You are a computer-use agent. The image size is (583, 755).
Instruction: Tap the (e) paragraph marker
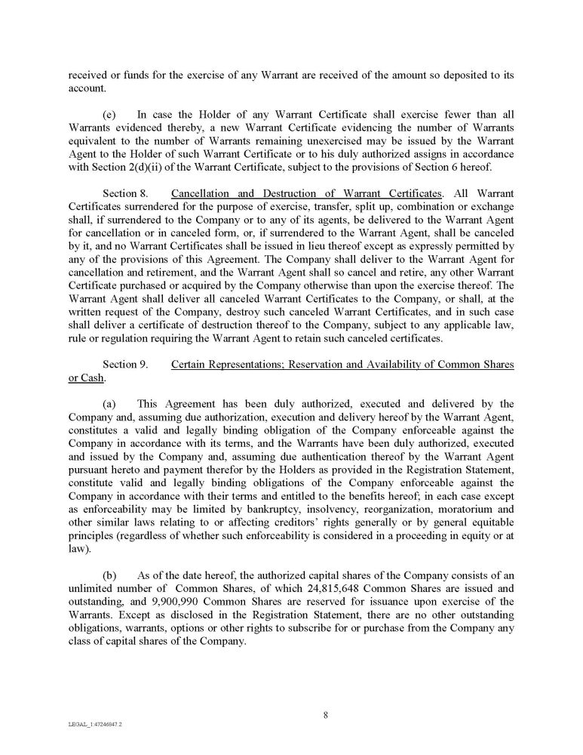point(108,115)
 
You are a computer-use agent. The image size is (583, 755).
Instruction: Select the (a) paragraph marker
point(108,403)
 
